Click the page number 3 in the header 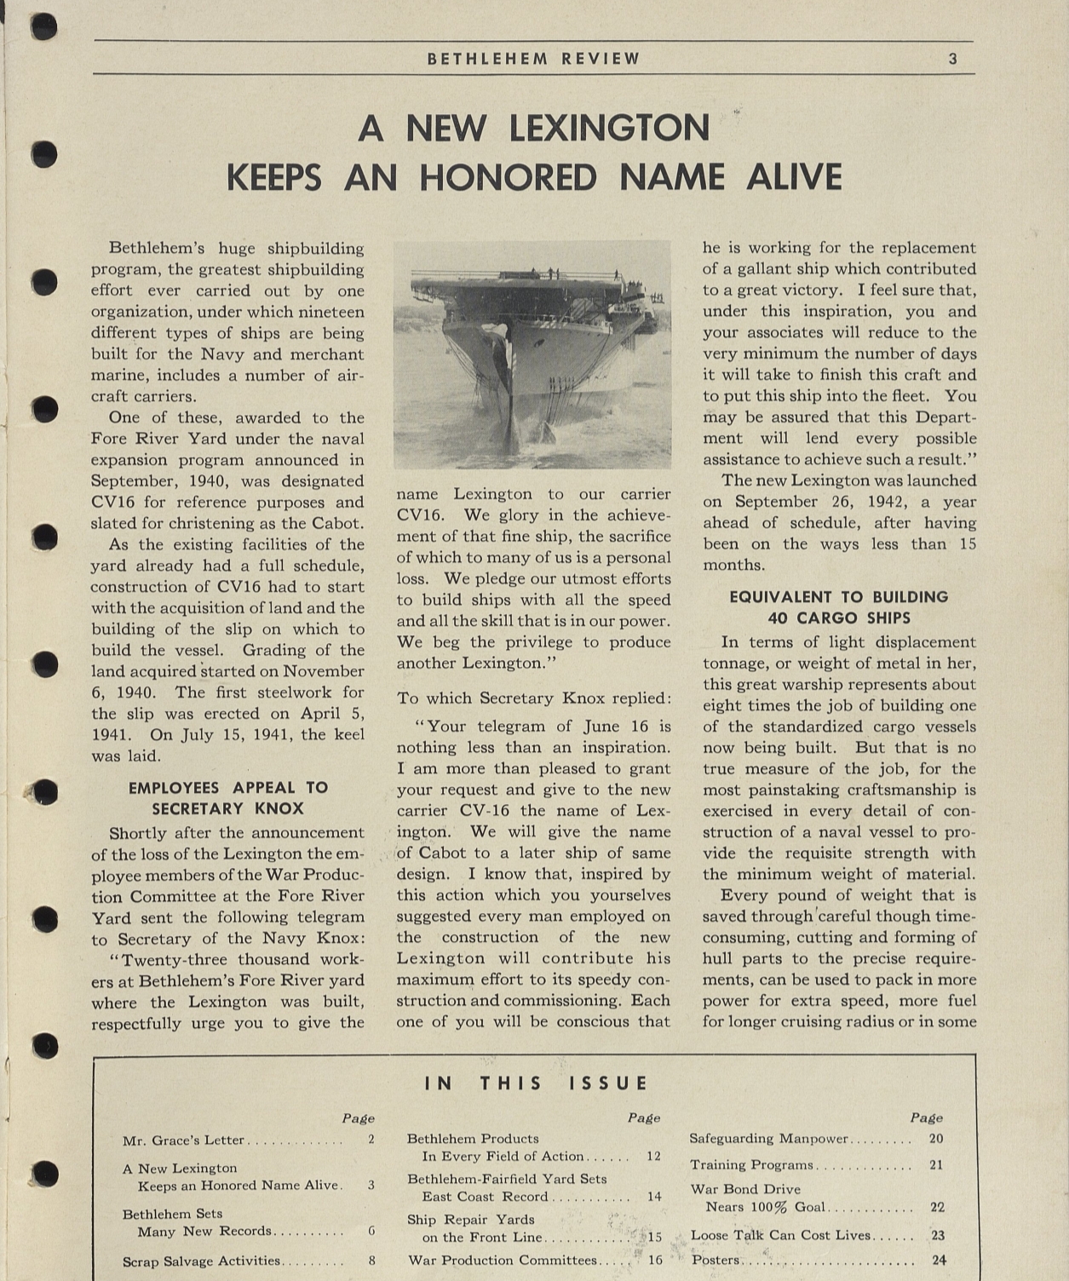pyautogui.click(x=953, y=59)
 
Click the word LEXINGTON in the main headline pyautogui.click(x=609, y=129)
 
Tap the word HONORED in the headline pyautogui.click(x=508, y=178)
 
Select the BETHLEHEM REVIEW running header pyautogui.click(x=533, y=59)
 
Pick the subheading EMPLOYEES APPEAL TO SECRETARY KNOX pyautogui.click(x=228, y=798)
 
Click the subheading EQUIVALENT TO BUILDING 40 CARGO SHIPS pyautogui.click(x=838, y=607)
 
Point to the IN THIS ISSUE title pyautogui.click(x=536, y=1083)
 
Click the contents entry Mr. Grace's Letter pyautogui.click(x=183, y=1140)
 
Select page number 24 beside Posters pyautogui.click(x=939, y=1261)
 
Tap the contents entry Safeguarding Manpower pyautogui.click(x=769, y=1139)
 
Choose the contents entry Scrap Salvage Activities pyautogui.click(x=201, y=1261)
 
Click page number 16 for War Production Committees pyautogui.click(x=655, y=1261)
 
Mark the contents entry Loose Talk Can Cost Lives pyautogui.click(x=781, y=1235)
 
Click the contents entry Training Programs pyautogui.click(x=751, y=1165)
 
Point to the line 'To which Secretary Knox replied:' pyautogui.click(x=533, y=698)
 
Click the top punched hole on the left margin pyautogui.click(x=43, y=26)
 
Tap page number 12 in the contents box pyautogui.click(x=653, y=1157)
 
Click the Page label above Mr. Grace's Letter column pyautogui.click(x=358, y=1118)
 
